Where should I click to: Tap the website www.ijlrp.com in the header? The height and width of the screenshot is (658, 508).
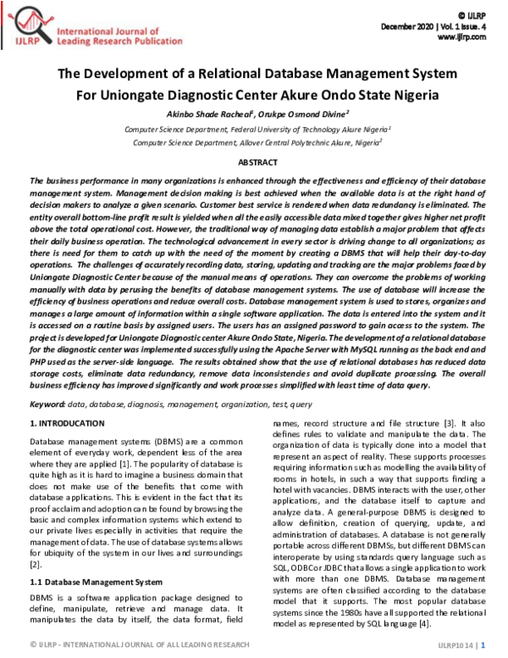pyautogui.click(x=461, y=38)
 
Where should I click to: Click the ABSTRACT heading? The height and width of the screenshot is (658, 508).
pyautogui.click(x=257, y=161)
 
